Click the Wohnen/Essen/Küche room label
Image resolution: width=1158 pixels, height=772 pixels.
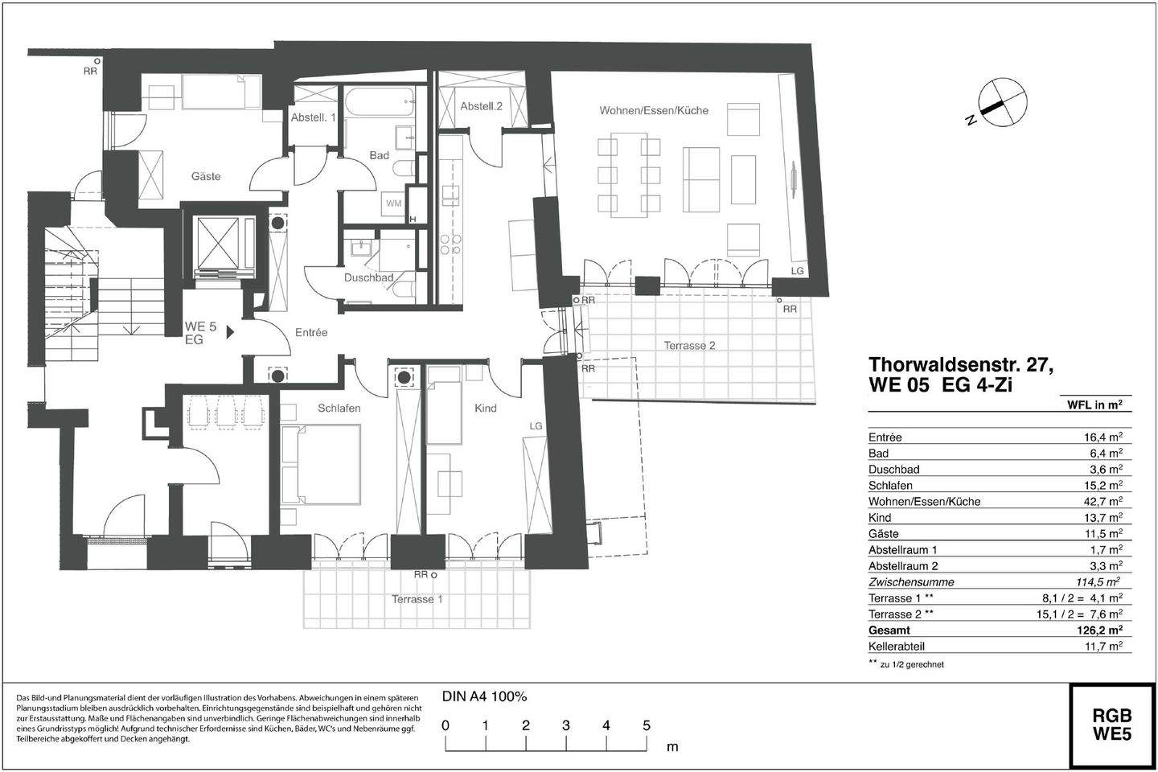coord(653,110)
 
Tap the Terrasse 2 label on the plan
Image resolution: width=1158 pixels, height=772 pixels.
coord(689,346)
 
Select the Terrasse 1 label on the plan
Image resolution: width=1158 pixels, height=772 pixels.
coord(417,599)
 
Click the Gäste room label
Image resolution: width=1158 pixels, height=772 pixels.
coord(206,176)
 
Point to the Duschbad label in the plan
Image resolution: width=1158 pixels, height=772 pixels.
coord(368,278)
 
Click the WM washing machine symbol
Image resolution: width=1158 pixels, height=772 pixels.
coord(393,203)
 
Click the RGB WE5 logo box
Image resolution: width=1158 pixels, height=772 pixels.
coord(1111,725)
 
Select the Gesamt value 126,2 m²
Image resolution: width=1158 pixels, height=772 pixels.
coord(1099,630)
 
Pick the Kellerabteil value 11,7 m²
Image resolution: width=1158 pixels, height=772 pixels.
coord(1102,647)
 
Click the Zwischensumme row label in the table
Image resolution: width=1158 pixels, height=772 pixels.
coord(911,582)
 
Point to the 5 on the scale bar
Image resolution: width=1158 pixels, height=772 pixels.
coord(646,725)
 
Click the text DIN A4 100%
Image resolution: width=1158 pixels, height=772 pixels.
coord(484,696)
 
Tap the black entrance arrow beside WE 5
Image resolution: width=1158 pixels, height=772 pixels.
coord(230,331)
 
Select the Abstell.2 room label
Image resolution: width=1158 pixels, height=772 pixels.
coord(481,107)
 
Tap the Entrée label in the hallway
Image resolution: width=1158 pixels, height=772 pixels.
coord(311,332)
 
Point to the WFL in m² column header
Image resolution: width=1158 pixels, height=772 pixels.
coord(1094,405)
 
